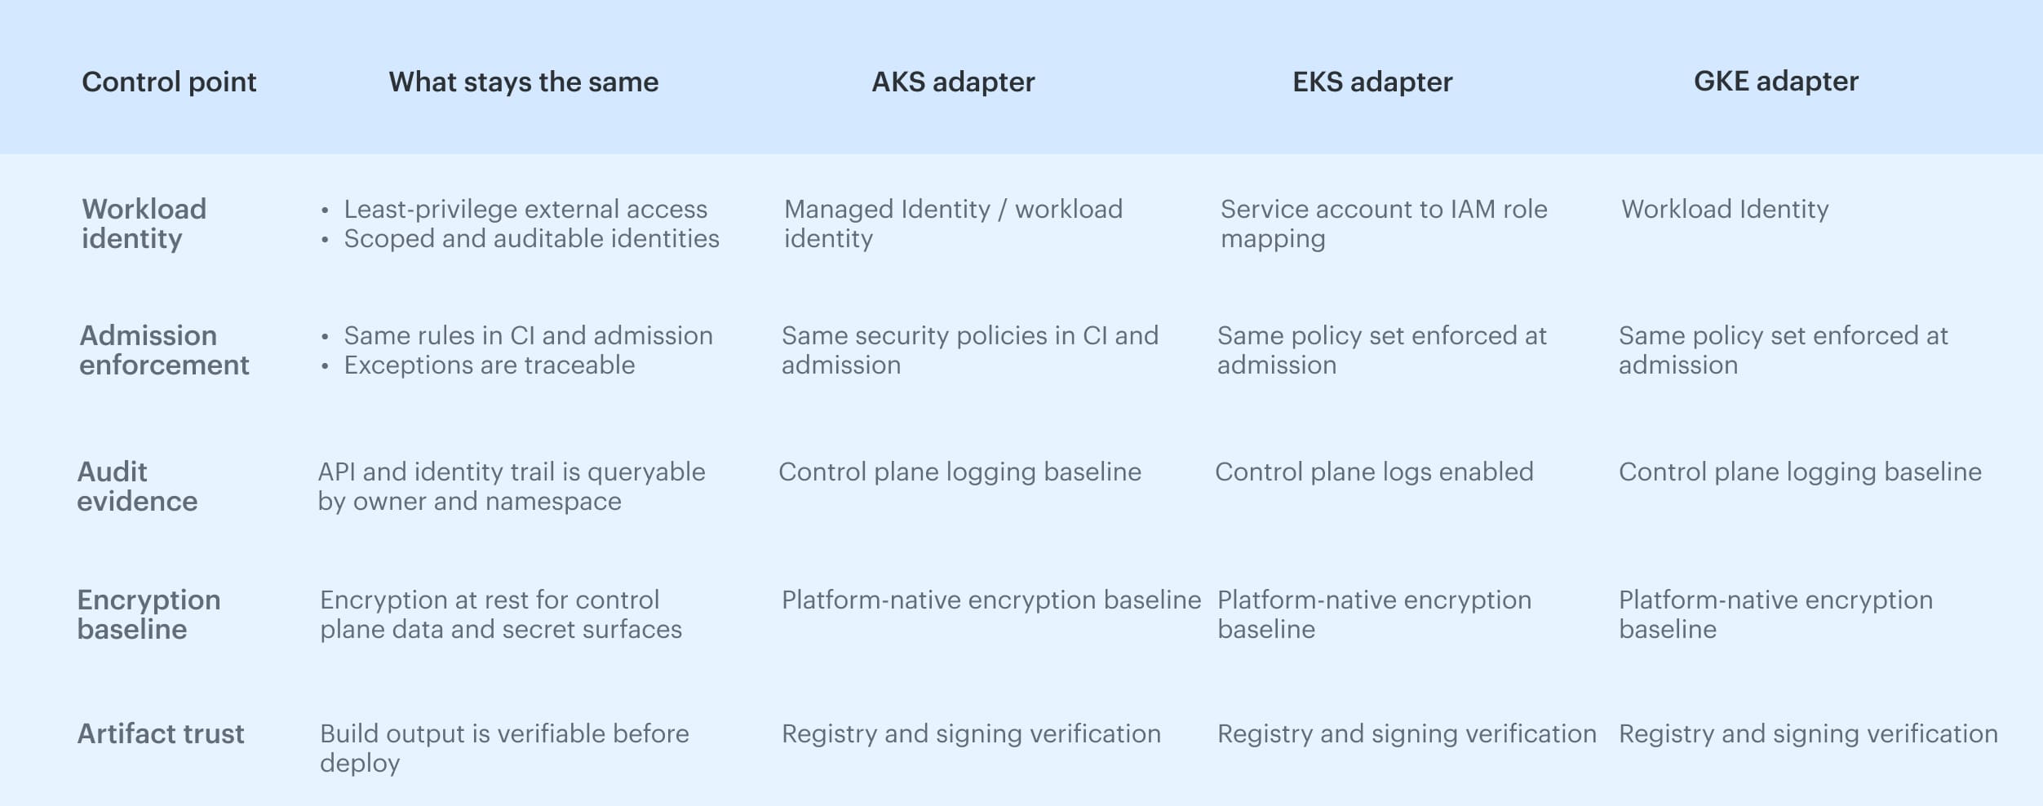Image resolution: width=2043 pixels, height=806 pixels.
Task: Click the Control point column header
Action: click(x=169, y=82)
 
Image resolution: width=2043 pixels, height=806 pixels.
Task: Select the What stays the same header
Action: click(x=523, y=82)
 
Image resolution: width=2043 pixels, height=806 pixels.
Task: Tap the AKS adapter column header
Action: click(x=953, y=82)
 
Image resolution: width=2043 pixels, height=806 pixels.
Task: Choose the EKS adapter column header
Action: click(x=1372, y=82)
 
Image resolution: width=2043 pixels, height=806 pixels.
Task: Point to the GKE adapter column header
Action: click(x=1775, y=81)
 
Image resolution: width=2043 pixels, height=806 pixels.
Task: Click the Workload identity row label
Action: click(x=144, y=224)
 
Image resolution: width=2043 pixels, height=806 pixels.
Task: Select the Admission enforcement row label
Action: click(x=164, y=350)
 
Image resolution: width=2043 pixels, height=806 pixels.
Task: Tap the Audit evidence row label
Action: click(x=137, y=486)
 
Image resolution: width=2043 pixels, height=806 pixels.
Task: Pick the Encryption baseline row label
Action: click(x=148, y=614)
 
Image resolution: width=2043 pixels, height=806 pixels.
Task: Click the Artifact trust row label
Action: click(x=161, y=733)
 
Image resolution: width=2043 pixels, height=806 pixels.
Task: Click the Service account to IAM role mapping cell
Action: click(x=1383, y=224)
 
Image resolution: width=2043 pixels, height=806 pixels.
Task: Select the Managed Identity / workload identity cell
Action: click(x=952, y=224)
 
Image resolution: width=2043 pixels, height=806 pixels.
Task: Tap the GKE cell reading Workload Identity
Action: click(x=1724, y=209)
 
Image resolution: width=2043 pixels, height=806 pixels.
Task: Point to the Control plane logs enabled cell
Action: click(x=1374, y=472)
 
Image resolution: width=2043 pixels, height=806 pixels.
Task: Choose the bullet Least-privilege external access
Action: click(x=525, y=209)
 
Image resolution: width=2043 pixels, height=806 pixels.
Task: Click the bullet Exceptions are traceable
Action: click(x=489, y=365)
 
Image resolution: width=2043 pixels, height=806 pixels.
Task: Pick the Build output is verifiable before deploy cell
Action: click(x=503, y=748)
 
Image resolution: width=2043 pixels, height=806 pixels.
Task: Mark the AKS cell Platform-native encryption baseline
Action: click(x=990, y=600)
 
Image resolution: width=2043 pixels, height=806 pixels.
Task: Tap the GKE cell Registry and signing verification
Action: click(x=1808, y=733)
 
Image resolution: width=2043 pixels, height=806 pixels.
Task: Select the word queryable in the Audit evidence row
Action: click(x=645, y=472)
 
